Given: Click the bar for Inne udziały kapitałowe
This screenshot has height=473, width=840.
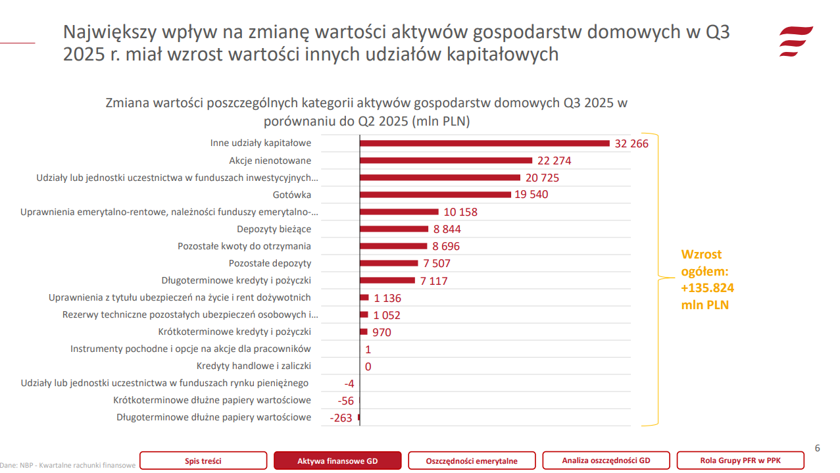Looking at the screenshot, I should (485, 143).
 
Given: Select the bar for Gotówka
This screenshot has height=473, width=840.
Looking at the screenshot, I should (435, 195).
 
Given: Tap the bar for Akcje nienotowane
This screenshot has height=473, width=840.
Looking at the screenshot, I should (446, 161).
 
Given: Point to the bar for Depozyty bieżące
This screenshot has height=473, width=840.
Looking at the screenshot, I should (394, 229).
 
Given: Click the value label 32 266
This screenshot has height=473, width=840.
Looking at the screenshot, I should (631, 143).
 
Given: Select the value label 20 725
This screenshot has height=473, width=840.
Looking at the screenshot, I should (542, 178).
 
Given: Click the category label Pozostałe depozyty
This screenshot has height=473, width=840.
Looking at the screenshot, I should (270, 263).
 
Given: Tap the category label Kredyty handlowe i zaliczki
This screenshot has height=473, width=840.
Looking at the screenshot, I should (253, 366).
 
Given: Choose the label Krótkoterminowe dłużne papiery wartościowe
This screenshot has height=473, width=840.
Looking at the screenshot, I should (212, 400).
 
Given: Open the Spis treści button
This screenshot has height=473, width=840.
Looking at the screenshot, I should (203, 461).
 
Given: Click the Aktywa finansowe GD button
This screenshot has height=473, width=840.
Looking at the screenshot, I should (337, 461).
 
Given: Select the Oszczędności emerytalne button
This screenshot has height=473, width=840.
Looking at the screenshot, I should (472, 461).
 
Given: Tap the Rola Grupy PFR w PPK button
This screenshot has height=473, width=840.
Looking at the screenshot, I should (740, 461).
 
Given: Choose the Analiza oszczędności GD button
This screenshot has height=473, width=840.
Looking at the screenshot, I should (606, 461).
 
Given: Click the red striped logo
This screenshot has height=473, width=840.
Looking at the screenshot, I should (796, 42).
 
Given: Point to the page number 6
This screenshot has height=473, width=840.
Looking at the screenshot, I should (818, 449).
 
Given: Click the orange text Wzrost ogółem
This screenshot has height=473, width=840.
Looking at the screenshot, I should (707, 280).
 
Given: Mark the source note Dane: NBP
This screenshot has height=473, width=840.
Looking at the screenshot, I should (68, 466).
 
